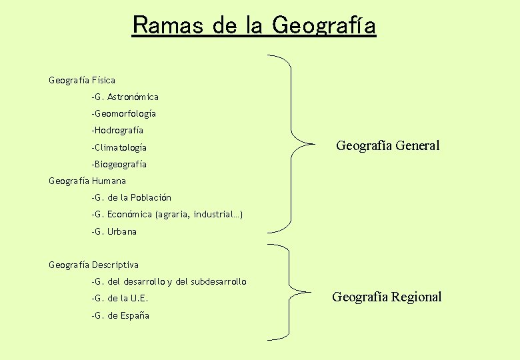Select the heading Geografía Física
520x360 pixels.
click(82, 80)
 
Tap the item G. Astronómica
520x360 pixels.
click(125, 97)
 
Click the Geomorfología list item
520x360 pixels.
click(124, 114)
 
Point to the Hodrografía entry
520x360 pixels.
click(117, 131)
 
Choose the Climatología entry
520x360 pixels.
click(119, 147)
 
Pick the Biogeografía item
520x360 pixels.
click(119, 164)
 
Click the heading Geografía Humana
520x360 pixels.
click(87, 181)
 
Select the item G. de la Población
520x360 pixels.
click(131, 197)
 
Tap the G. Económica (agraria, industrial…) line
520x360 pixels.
click(167, 215)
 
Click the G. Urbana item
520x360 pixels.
click(114, 231)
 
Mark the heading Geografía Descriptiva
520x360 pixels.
click(94, 265)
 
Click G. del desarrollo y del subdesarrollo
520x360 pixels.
click(169, 281)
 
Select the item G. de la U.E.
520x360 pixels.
click(120, 298)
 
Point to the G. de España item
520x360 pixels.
click(121, 315)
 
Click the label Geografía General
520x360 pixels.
click(387, 145)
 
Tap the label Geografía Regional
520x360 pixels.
click(387, 297)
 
